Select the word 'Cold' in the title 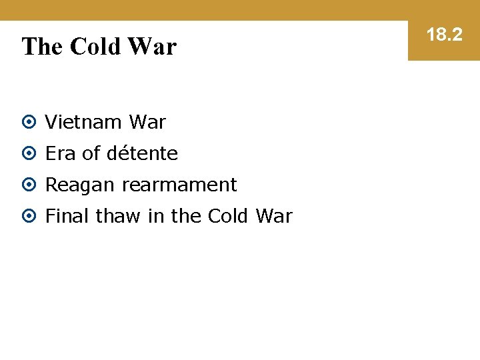(95, 47)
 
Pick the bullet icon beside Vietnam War (29, 123)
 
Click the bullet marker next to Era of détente (29, 154)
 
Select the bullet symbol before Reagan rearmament (29, 185)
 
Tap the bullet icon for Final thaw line (29, 217)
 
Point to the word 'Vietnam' (84, 123)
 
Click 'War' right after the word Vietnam (147, 123)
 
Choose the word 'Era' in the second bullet (61, 154)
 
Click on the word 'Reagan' (80, 185)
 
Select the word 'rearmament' (179, 185)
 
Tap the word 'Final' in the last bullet (67, 217)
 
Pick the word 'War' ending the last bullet (274, 217)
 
